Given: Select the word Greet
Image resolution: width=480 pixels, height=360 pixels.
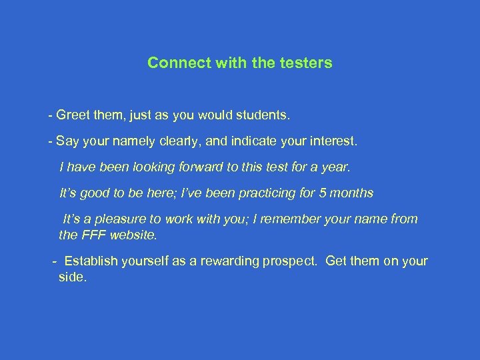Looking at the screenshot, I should [75, 116].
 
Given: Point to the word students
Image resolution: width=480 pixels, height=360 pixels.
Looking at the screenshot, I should [265, 116].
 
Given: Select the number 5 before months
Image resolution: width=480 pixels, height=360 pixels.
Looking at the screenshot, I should [323, 193].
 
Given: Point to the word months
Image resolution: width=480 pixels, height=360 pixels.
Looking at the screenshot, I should [352, 193].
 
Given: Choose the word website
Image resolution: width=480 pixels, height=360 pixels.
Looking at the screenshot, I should [135, 235].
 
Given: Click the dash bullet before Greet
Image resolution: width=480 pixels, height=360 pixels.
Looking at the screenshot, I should [51, 116].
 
